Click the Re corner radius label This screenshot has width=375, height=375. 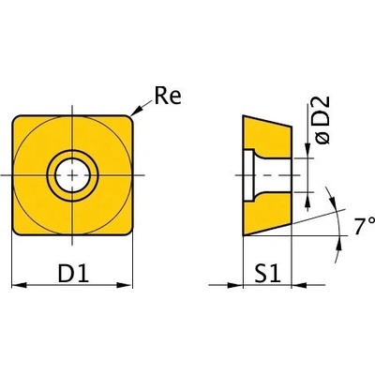tap(168, 96)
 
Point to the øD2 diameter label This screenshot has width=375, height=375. tap(322, 120)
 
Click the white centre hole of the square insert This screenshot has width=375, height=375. tap(72, 175)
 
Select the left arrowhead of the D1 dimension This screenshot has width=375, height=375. tap(19, 285)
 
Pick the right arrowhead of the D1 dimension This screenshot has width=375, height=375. tap(124, 285)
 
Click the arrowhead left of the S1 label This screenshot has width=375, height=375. tap(235, 285)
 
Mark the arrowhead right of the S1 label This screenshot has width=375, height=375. tap(299, 285)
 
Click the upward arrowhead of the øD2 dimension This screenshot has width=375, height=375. tap(307, 200)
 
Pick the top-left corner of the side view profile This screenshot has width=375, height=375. tap(243, 115)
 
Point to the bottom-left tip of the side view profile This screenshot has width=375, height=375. tap(243, 235)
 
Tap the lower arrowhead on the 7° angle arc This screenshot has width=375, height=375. tap(338, 243)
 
